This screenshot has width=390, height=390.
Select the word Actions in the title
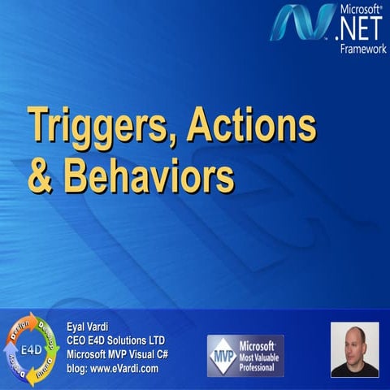click(x=251, y=126)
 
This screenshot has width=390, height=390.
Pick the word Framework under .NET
click(x=363, y=49)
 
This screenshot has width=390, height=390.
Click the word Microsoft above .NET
click(x=361, y=10)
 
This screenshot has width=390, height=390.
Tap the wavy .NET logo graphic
click(x=303, y=24)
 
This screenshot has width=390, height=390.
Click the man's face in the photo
click(x=354, y=340)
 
